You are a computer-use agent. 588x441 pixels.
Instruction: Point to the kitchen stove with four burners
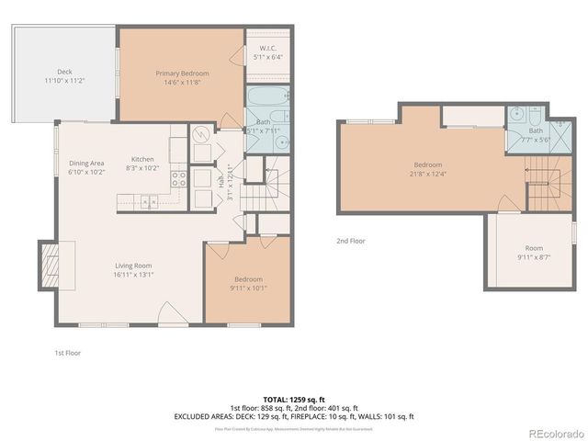179,179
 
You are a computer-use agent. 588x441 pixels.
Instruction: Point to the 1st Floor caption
67,353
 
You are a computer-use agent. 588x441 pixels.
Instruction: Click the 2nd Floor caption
351,241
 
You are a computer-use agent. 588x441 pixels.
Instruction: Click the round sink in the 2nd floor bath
516,118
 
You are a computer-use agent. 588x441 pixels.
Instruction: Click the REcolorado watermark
552,433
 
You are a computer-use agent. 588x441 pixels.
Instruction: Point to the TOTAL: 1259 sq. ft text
293,400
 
